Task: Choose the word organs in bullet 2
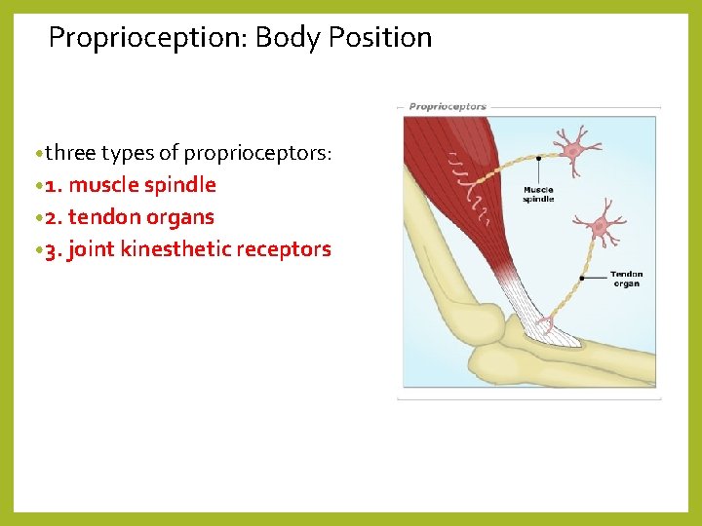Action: (178, 217)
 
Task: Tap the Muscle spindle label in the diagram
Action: (538, 194)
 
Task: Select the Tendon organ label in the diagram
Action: (626, 279)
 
